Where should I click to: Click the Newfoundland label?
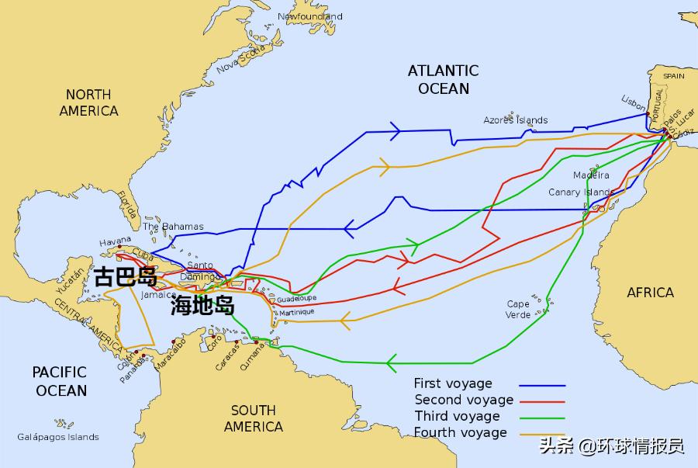[309, 16]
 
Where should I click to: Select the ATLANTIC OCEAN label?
[444, 79]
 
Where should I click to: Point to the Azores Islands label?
[515, 120]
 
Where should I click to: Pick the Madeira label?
[591, 175]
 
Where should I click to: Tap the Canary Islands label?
[581, 192]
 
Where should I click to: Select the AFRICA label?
[650, 293]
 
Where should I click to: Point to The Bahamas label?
[173, 227]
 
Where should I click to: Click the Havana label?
[116, 242]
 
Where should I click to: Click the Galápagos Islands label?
[58, 437]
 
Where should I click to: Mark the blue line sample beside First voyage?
[542, 385]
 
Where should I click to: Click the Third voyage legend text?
[457, 416]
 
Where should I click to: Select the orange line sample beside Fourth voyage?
[542, 434]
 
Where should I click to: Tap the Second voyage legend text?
[464, 400]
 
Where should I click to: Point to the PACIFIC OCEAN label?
[60, 381]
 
